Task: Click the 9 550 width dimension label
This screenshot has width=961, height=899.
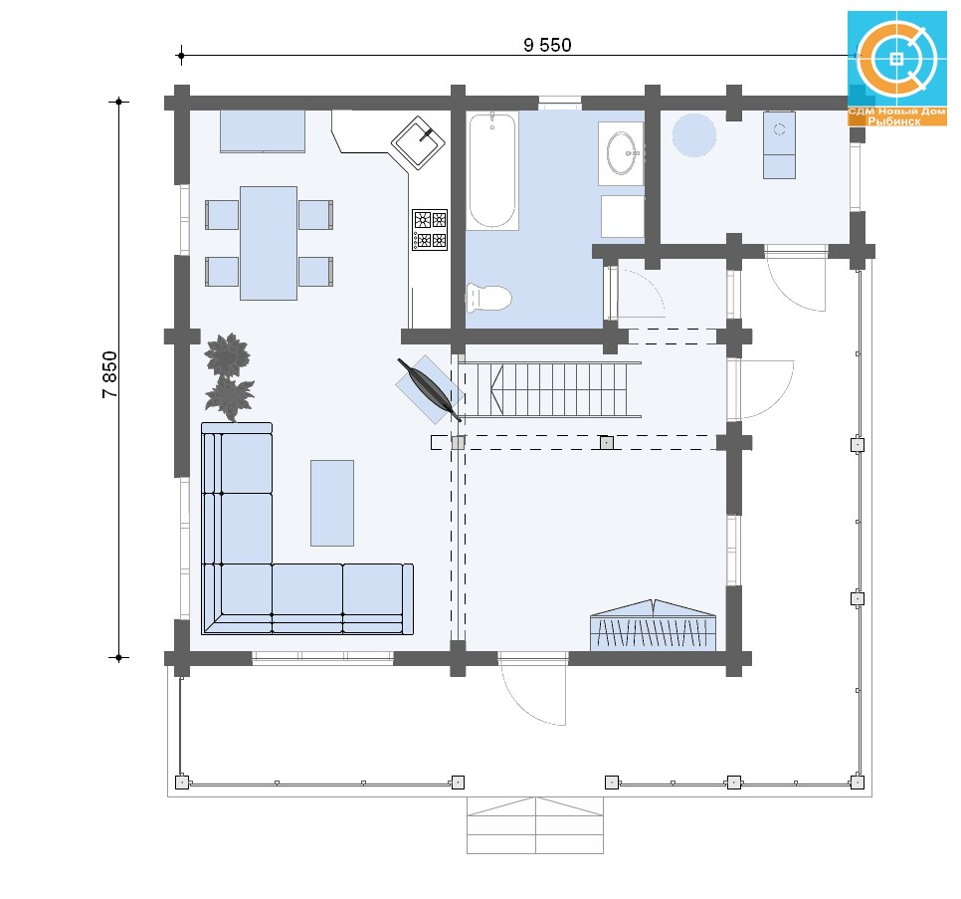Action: pos(547,45)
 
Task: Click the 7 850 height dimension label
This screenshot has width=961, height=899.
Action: pos(109,374)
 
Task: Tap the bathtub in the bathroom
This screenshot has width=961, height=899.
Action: pos(492,171)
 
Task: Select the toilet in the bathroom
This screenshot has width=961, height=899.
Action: pos(488,298)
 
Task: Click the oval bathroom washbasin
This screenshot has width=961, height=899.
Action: pos(622,153)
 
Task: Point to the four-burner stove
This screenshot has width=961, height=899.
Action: pos(430,229)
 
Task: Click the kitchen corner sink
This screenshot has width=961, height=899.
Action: pos(418,142)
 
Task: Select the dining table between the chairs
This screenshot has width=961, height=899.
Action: pos(269,243)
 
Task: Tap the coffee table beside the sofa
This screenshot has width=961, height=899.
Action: pos(332,503)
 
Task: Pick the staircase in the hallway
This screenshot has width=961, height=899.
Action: pos(550,389)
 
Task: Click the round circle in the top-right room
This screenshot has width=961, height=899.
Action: pos(693,135)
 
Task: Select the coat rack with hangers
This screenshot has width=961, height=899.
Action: pos(653,625)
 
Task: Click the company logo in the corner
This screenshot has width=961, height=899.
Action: pos(897,68)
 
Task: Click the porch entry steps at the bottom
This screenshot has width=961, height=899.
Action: pos(535,825)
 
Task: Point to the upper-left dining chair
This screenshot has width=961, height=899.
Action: pos(222,215)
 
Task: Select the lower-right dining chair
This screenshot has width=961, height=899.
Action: pos(315,272)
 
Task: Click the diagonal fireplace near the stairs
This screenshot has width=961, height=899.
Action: pos(430,389)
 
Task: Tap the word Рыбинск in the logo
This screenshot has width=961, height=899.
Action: pos(894,121)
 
